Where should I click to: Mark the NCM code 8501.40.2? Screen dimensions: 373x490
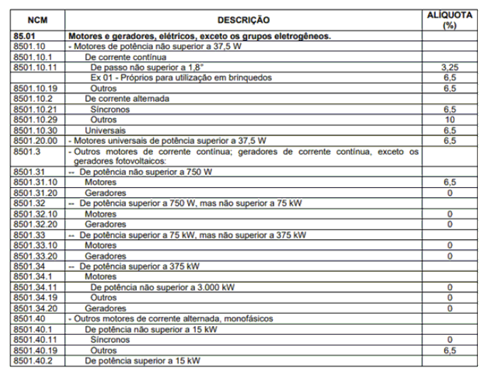(x=31, y=362)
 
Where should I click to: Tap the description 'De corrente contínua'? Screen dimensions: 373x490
(x=125, y=56)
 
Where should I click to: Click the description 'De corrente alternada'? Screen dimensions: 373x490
(x=127, y=98)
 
